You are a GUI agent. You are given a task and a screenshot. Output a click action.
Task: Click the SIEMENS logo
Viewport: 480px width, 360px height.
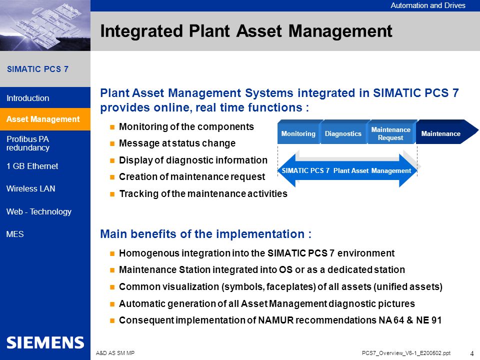[45, 342]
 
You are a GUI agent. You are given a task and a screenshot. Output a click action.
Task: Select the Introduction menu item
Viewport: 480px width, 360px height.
[28, 98]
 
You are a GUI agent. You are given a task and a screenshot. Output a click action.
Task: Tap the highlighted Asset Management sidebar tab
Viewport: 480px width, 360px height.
[45, 119]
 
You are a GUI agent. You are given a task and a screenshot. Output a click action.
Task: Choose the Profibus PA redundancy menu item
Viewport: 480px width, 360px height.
[28, 143]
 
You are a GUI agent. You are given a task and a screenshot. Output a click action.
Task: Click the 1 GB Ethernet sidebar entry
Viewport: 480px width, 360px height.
[32, 166]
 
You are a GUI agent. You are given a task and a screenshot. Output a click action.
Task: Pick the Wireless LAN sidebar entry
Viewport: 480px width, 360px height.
[30, 188]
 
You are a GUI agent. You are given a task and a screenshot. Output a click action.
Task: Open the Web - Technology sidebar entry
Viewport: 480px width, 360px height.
[39, 212]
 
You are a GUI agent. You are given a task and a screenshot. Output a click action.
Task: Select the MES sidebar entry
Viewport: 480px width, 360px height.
[15, 234]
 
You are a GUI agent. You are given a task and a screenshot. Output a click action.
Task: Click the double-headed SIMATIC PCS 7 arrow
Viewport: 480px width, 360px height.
[347, 170]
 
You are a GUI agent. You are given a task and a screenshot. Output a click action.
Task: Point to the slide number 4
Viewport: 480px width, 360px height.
[471, 353]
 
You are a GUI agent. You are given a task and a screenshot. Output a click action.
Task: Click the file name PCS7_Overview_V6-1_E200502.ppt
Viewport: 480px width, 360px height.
[406, 353]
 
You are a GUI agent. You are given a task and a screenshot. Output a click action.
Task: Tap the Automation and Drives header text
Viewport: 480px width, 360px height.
[427, 5]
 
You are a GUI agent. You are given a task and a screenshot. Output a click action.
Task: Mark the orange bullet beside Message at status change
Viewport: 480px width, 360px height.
[112, 143]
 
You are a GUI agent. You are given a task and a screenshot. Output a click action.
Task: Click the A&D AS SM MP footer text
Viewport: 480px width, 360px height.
[115, 353]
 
